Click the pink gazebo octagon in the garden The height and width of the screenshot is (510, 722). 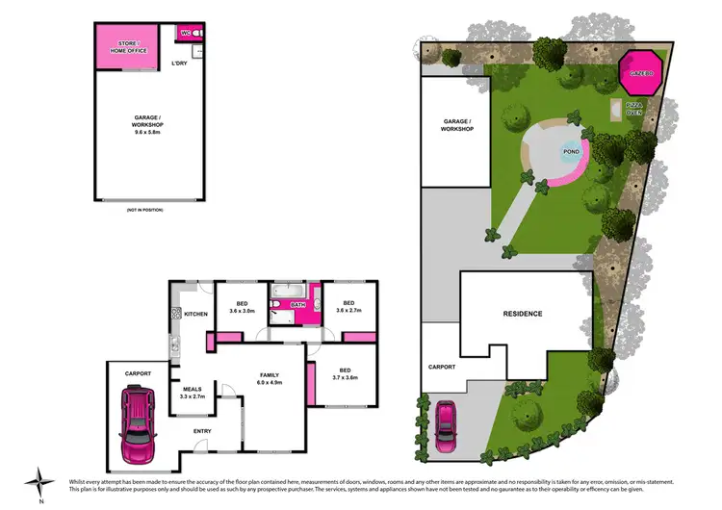642,72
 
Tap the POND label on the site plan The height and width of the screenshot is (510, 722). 570,152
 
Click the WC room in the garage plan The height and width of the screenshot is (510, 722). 188,32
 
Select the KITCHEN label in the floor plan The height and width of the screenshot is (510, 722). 196,314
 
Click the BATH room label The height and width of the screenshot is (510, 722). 297,305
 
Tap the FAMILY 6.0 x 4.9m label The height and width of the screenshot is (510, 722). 269,377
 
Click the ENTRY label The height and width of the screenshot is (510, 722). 202,430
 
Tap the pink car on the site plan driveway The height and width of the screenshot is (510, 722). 447,421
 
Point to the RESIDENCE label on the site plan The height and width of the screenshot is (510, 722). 523,314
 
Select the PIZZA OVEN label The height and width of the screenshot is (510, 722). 634,108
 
